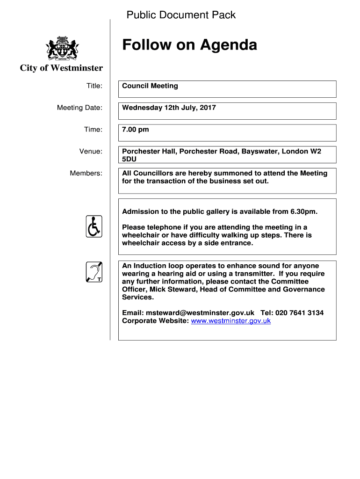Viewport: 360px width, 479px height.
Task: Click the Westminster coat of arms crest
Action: tap(62, 48)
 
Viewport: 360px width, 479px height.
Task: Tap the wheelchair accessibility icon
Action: tap(94, 226)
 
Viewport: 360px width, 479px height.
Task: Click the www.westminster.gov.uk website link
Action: tap(231, 321)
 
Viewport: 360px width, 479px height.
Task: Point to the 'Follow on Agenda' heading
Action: tap(189, 45)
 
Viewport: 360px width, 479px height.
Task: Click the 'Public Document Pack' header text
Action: tap(181, 15)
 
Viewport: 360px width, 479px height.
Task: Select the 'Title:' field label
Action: tap(94, 86)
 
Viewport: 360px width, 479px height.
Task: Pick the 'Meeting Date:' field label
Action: tap(79, 108)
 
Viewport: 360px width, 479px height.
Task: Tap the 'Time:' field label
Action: tap(93, 130)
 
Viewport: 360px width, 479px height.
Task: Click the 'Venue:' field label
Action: tap(91, 152)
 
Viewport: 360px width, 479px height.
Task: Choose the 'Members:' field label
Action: tap(86, 174)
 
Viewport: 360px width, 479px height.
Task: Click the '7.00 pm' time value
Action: tap(136, 130)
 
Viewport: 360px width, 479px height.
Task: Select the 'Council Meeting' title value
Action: tap(150, 86)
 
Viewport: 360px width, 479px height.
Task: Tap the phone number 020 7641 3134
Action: tap(300, 313)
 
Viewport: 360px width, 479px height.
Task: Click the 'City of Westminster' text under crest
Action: tap(61, 68)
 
